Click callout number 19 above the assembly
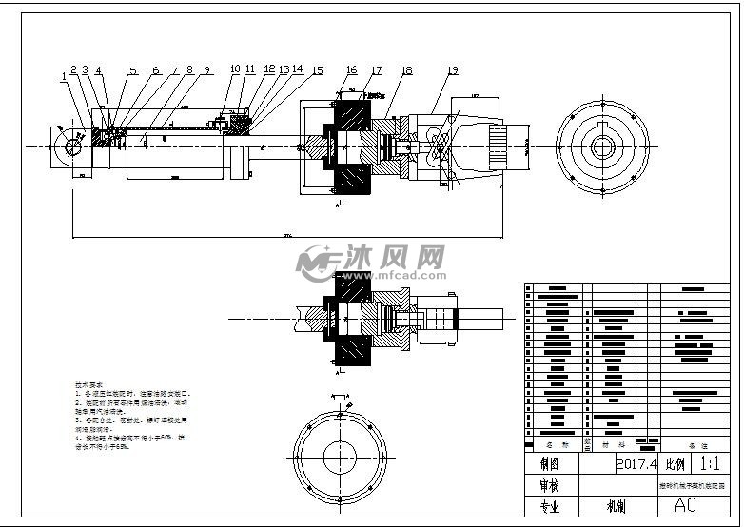tap(452, 70)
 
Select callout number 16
tap(351, 70)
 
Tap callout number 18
tap(406, 70)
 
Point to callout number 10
tap(234, 69)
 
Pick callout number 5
tap(133, 70)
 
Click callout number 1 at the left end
tap(64, 74)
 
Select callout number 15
tap(317, 70)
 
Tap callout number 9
tap(206, 69)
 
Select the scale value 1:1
tap(709, 464)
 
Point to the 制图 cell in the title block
tap(550, 464)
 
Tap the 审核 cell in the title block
tap(550, 485)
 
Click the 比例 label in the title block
tap(675, 464)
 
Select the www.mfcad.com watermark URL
tap(382, 275)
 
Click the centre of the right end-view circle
tap(602, 146)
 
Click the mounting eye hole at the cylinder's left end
tap(69, 147)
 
